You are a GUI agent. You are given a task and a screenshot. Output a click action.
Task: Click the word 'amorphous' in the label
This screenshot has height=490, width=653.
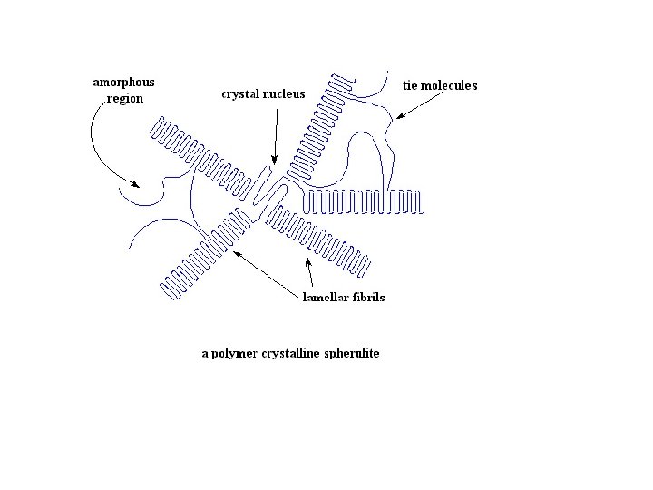(x=124, y=83)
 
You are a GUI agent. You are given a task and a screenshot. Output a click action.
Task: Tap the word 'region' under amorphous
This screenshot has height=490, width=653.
(x=124, y=99)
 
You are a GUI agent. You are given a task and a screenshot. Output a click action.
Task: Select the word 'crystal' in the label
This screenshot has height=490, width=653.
(x=242, y=93)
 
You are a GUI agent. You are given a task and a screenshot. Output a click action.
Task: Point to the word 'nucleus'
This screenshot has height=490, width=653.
(x=285, y=93)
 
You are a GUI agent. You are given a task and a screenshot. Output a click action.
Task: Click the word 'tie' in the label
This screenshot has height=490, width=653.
(x=410, y=86)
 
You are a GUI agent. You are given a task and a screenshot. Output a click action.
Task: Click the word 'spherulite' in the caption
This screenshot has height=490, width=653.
(x=349, y=353)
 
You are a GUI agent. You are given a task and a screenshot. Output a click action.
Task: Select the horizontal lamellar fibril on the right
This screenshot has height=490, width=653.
(x=363, y=202)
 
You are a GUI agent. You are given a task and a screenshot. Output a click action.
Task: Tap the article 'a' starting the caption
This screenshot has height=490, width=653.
(x=204, y=353)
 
